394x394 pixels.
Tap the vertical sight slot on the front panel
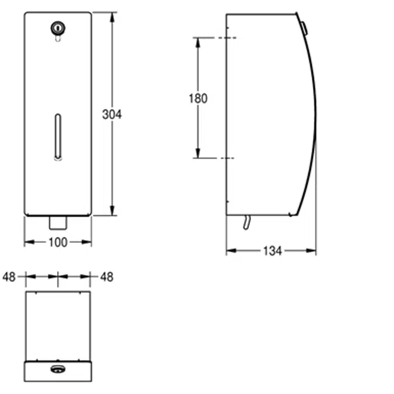click(57, 135)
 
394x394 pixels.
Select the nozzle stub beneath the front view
click(57, 222)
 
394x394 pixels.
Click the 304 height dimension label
click(111, 114)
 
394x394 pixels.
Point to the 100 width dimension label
click(58, 242)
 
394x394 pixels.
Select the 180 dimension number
click(198, 99)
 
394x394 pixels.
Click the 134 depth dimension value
click(272, 251)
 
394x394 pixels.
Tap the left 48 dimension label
click(9, 277)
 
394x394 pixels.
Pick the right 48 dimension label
click(106, 277)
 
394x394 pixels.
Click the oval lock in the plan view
click(57, 368)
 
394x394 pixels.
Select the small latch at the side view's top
click(303, 26)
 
